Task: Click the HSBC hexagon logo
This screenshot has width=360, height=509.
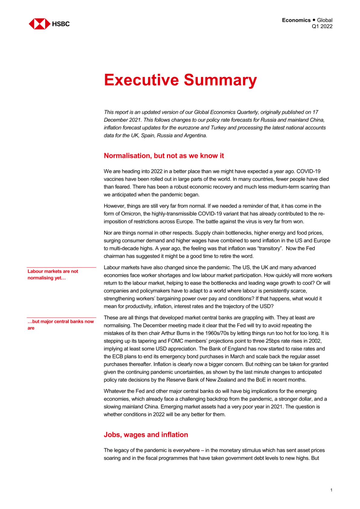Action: tap(39, 24)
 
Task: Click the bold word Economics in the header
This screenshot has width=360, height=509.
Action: tap(296, 20)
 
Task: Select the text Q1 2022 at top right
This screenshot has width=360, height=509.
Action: tap(322, 26)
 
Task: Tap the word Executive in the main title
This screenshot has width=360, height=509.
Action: tap(141, 80)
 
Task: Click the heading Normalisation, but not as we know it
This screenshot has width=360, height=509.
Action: tap(164, 156)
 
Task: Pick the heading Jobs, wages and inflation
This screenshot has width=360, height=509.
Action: tap(146, 435)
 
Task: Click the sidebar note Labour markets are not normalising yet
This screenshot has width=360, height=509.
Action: tap(53, 275)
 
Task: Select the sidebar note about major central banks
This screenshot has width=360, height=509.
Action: tap(61, 325)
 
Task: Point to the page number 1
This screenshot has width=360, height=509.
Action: tap(331, 490)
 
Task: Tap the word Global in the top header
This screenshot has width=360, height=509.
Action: tap(325, 20)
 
